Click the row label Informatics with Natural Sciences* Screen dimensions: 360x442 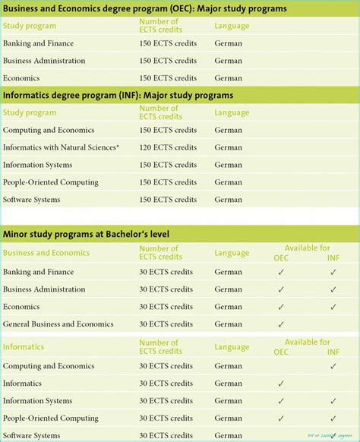[61, 147]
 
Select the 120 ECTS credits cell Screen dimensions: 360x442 [168, 147]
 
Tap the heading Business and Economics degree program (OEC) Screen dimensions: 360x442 [144, 9]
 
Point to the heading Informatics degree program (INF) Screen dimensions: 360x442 [118, 95]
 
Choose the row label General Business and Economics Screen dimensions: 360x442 [58, 324]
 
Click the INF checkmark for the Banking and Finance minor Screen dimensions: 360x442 [333, 272]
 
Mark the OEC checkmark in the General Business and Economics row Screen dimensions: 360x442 [281, 324]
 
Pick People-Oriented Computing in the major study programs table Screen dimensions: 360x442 [50, 182]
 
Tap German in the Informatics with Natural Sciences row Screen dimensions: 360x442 [228, 147]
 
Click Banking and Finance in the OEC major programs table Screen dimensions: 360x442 [39, 43]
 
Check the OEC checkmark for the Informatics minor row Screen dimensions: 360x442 [281, 384]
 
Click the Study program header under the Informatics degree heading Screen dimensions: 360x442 [30, 112]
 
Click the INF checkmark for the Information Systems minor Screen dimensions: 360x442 [333, 401]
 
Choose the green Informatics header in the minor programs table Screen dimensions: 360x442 [24, 347]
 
